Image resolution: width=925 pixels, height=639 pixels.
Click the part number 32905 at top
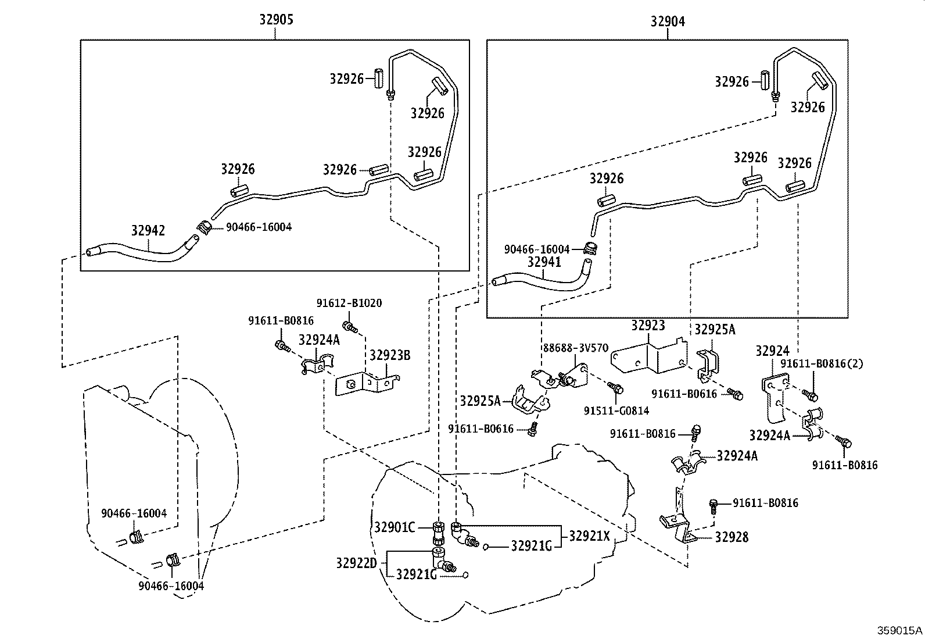(x=276, y=20)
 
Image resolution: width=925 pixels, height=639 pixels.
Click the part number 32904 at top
(x=668, y=22)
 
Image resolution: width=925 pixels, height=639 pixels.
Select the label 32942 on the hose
(x=148, y=231)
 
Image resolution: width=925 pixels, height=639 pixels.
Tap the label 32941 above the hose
(x=544, y=262)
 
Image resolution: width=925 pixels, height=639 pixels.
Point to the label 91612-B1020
(x=349, y=303)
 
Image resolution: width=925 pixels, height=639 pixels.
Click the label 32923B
(x=390, y=355)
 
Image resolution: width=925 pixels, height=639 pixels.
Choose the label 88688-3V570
(x=576, y=348)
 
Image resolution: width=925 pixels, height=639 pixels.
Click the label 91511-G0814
(x=616, y=411)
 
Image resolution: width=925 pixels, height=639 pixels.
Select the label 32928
(x=732, y=537)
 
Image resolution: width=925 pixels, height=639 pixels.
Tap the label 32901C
(x=394, y=527)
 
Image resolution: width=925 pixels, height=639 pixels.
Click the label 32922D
(x=356, y=563)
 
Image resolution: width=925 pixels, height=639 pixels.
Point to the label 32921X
(x=589, y=536)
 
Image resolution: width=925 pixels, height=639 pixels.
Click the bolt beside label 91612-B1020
(x=349, y=326)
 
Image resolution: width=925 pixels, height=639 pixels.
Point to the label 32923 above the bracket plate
(x=648, y=325)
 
